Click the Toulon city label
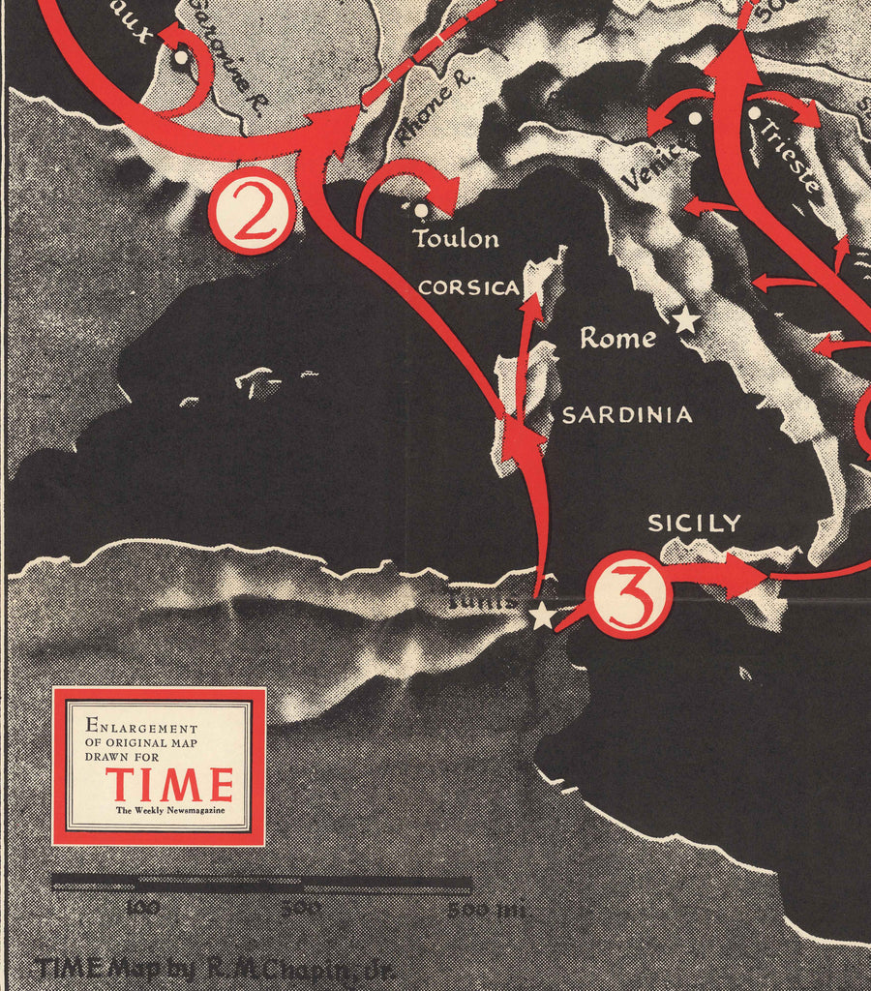click(456, 238)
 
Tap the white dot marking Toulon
click(419, 208)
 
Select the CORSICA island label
click(468, 288)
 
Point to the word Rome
click(617, 339)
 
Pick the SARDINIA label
click(627, 415)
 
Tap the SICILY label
click(694, 524)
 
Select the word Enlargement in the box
click(141, 726)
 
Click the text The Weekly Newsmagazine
click(169, 810)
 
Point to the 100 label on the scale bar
click(142, 909)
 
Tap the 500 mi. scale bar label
click(487, 910)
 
